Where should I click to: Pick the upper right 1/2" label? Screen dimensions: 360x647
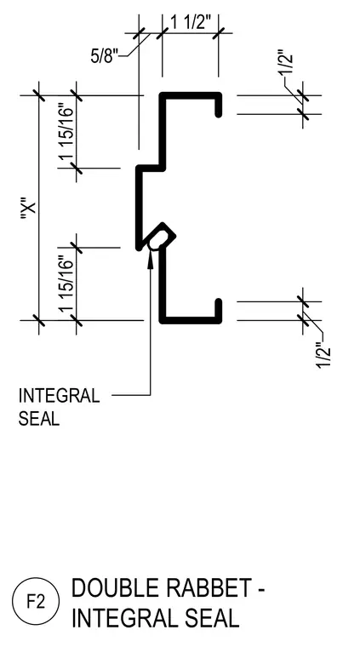[287, 63]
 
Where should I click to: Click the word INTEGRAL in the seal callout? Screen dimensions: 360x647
[59, 396]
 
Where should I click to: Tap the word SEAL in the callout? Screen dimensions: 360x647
[39, 418]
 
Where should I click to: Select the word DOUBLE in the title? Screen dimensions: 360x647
[117, 588]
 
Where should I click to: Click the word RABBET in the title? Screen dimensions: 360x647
[209, 588]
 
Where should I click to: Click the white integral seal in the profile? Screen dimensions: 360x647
[157, 240]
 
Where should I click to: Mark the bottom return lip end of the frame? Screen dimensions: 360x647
[219, 301]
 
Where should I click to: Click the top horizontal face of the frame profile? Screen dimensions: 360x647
[191, 95]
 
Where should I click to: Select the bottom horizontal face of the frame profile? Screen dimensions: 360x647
[191, 320]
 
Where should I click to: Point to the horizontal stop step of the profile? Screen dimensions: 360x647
[151, 168]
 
